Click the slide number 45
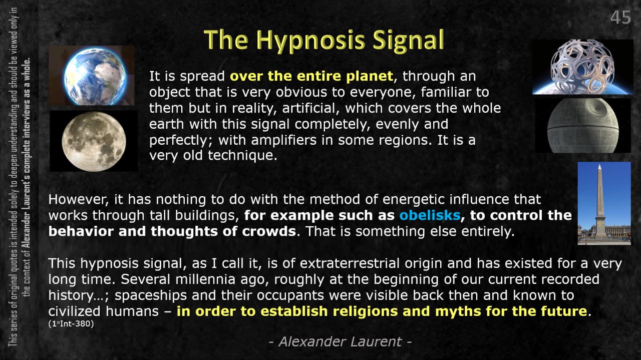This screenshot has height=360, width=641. [x=620, y=18]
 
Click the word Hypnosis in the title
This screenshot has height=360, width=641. [x=310, y=41]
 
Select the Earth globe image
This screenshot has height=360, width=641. [x=92, y=76]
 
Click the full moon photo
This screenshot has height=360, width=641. [x=94, y=141]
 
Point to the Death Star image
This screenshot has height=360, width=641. [x=583, y=125]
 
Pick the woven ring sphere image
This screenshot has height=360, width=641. [x=582, y=67]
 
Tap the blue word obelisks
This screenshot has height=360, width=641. [x=430, y=215]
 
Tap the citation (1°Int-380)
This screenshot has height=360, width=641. [x=71, y=323]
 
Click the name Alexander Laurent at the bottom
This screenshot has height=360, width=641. [x=340, y=341]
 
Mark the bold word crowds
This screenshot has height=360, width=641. [x=269, y=231]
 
